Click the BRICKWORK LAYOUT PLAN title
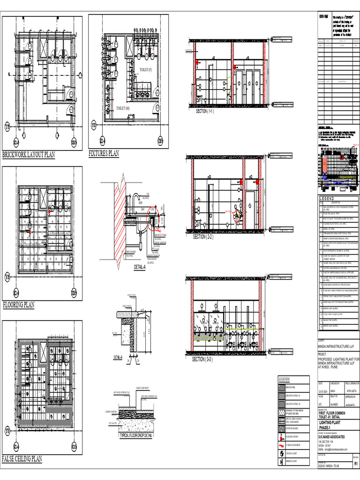[x=28, y=155]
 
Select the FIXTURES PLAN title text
[x=104, y=153]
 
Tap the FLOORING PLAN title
[x=19, y=305]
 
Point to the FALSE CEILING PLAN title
[x=22, y=459]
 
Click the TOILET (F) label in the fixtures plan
[x=146, y=70]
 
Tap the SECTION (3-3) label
[x=202, y=359]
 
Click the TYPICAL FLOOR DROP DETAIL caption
[x=136, y=435]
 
